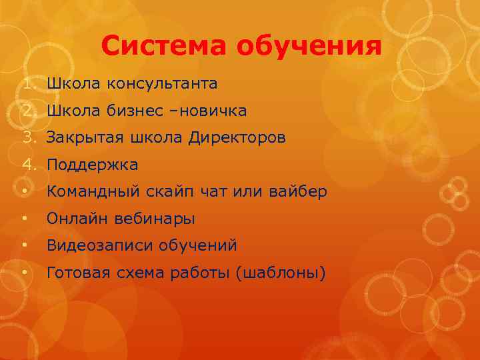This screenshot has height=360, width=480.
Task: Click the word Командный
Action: pos(91,192)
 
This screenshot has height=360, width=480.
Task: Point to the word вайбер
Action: pos(298,192)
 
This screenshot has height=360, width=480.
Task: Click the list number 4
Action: pos(26,165)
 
